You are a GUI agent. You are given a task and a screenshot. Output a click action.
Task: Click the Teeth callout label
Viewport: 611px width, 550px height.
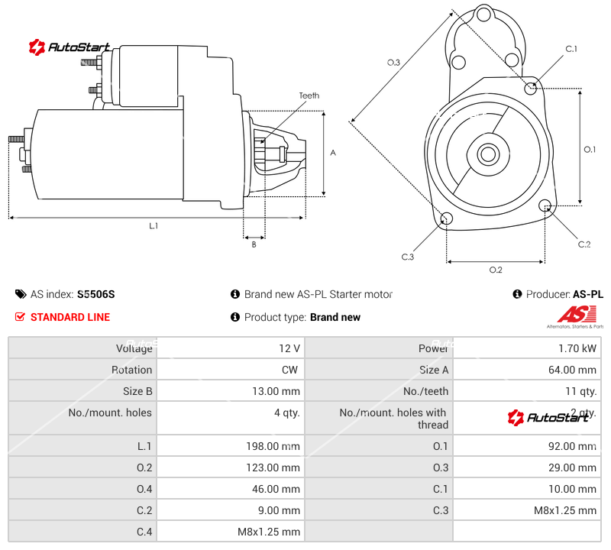click(309, 95)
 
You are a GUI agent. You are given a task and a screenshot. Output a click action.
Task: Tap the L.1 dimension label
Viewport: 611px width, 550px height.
click(154, 225)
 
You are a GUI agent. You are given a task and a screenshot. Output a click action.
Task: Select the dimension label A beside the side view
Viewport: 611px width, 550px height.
click(332, 153)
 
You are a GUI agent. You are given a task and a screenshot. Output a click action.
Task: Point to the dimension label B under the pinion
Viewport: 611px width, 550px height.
click(254, 244)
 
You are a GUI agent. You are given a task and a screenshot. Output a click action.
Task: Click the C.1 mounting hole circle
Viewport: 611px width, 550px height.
click(532, 88)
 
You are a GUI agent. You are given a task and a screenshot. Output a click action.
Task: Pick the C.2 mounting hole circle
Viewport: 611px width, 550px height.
click(545, 206)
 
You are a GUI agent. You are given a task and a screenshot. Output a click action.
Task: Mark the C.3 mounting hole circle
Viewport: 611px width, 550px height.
click(447, 220)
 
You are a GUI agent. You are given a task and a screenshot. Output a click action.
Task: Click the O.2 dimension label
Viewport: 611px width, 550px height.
click(495, 270)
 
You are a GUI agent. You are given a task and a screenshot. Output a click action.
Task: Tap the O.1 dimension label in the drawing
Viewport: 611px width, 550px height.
click(590, 150)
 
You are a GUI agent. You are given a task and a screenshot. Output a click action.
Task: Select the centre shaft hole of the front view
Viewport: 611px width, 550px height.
click(487, 154)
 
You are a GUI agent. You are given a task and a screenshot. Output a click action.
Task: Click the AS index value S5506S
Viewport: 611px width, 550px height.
click(95, 294)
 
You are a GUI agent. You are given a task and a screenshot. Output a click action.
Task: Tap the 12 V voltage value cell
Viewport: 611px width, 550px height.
click(289, 348)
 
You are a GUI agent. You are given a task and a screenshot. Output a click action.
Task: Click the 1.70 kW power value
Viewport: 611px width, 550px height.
click(578, 348)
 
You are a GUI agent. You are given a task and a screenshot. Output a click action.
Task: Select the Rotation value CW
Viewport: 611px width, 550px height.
click(293, 370)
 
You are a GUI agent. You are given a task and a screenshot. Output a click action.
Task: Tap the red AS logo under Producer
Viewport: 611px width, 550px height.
click(571, 314)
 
